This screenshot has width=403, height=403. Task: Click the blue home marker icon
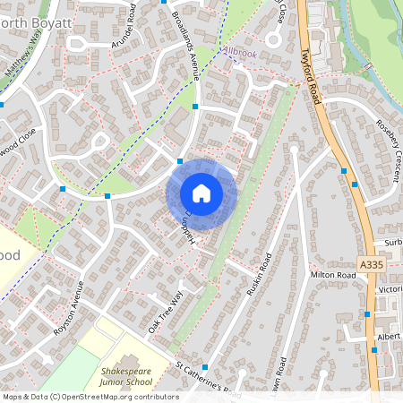coord(201,193)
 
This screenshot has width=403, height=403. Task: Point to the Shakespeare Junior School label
coord(126,375)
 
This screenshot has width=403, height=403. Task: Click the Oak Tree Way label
coord(165,313)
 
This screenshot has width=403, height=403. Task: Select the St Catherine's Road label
coord(208,380)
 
